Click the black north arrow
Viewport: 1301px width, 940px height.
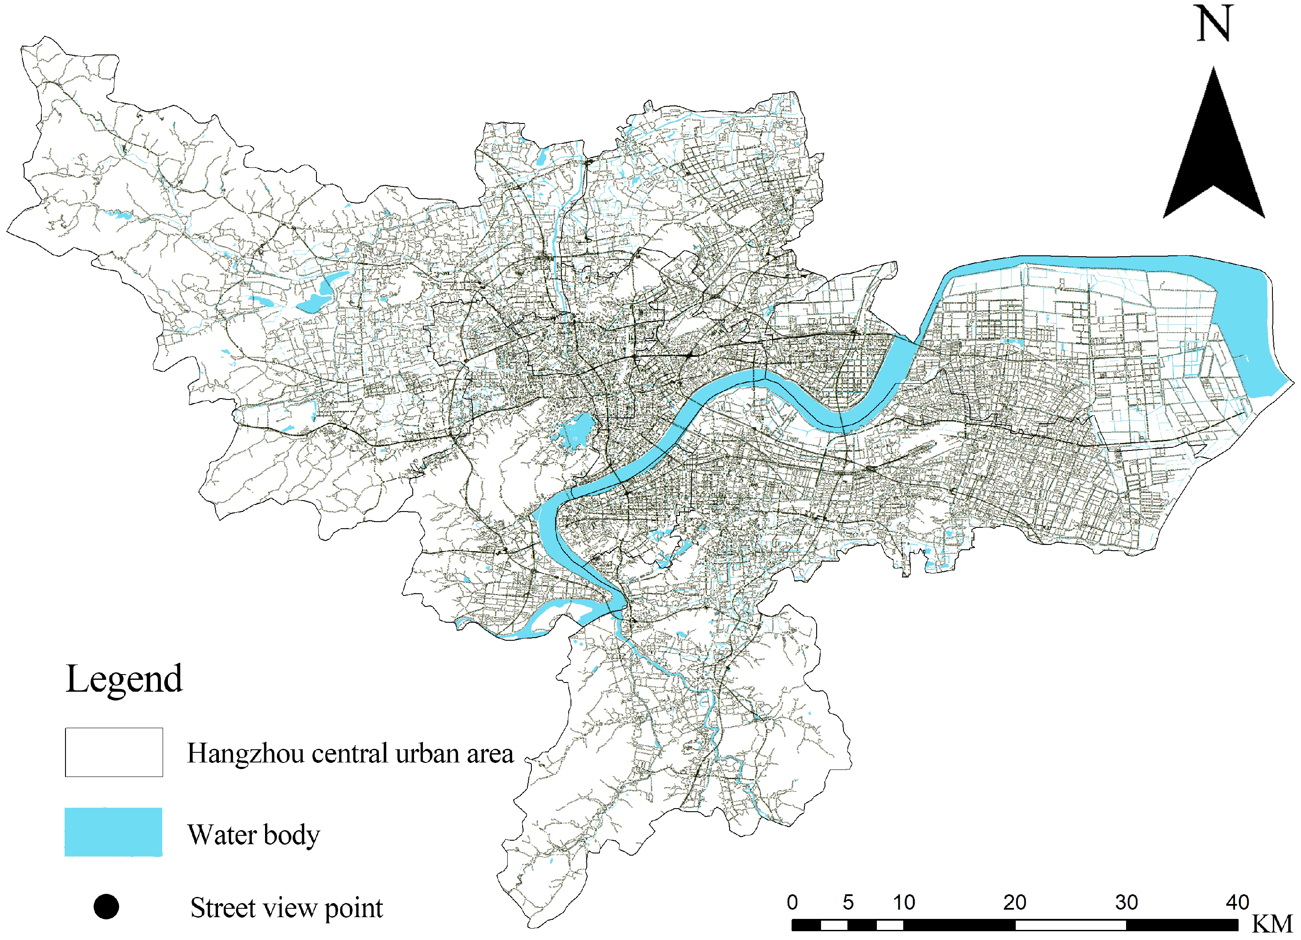coord(1213,155)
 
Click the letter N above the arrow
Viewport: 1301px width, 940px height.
coord(1214,24)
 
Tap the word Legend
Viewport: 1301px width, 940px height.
coord(124,679)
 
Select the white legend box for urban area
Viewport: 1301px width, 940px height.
coord(113,752)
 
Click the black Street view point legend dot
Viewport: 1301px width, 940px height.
coord(106,907)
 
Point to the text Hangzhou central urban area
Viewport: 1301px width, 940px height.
coord(350,753)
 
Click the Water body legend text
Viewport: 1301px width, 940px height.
coord(253,835)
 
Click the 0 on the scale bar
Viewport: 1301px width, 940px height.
coord(792,902)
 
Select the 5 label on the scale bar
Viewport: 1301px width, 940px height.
coord(848,902)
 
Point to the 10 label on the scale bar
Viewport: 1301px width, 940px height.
coord(904,902)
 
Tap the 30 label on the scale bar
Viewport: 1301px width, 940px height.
coord(1126,902)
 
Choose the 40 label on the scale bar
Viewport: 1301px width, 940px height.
coord(1237,902)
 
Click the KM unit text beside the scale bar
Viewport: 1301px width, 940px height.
coord(1272,924)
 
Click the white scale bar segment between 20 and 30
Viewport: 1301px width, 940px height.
coord(1070,925)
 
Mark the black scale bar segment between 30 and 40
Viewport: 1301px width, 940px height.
coord(1182,925)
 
